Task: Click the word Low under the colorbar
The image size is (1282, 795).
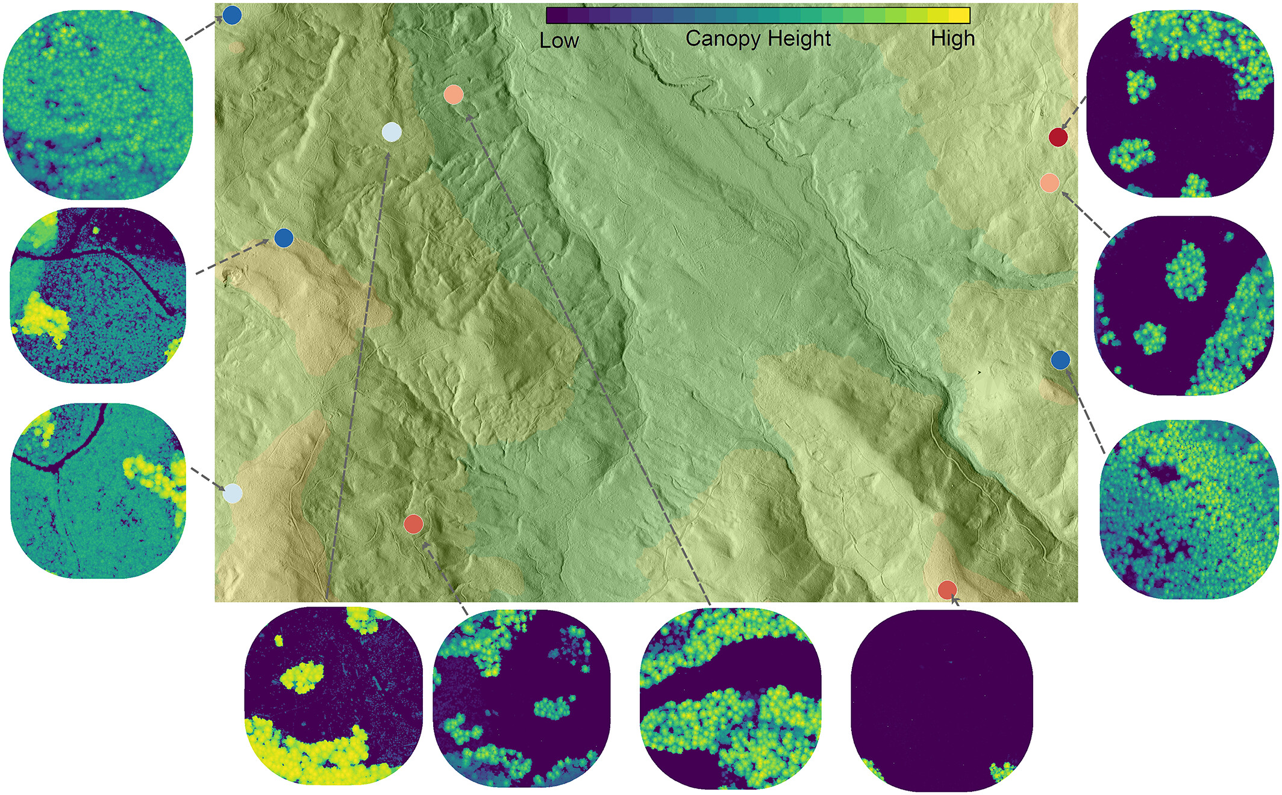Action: [558, 41]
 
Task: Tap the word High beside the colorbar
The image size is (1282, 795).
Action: [952, 39]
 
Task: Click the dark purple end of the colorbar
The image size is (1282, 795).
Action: [555, 16]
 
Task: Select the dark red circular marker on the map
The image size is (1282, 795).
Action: [1058, 137]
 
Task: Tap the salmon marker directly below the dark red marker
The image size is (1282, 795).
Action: [1049, 182]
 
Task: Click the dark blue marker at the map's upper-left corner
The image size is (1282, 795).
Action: [232, 15]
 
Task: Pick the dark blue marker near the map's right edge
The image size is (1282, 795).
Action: [1060, 360]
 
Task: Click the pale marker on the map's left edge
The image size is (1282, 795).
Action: [233, 493]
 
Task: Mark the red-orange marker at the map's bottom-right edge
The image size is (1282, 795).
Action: [947, 589]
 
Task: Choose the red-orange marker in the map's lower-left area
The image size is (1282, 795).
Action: [413, 524]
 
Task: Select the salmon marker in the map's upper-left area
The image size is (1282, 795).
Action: [453, 95]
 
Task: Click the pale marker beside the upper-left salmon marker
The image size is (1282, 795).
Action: [392, 132]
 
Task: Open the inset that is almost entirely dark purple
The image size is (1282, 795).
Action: [941, 700]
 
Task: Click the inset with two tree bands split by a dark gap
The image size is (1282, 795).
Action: [730, 699]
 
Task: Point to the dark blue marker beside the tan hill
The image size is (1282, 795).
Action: [284, 238]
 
